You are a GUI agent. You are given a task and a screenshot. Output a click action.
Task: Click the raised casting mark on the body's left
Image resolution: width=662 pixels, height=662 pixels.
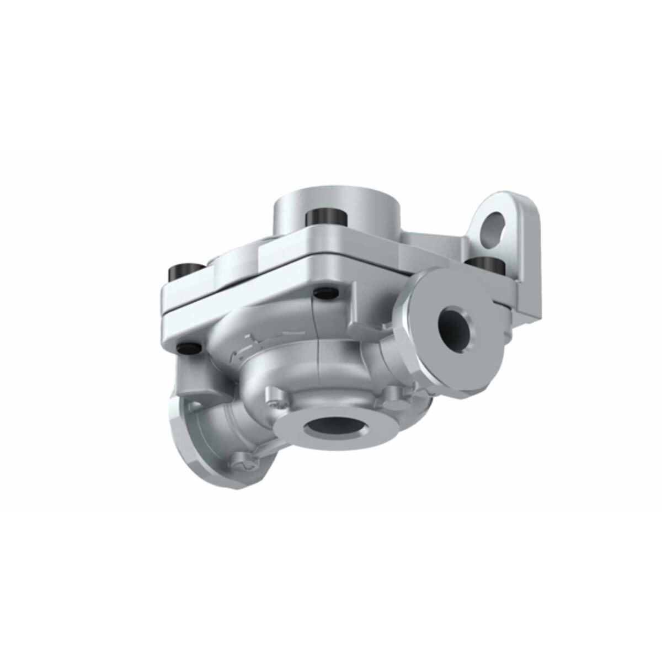pyautogui.click(x=243, y=348)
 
